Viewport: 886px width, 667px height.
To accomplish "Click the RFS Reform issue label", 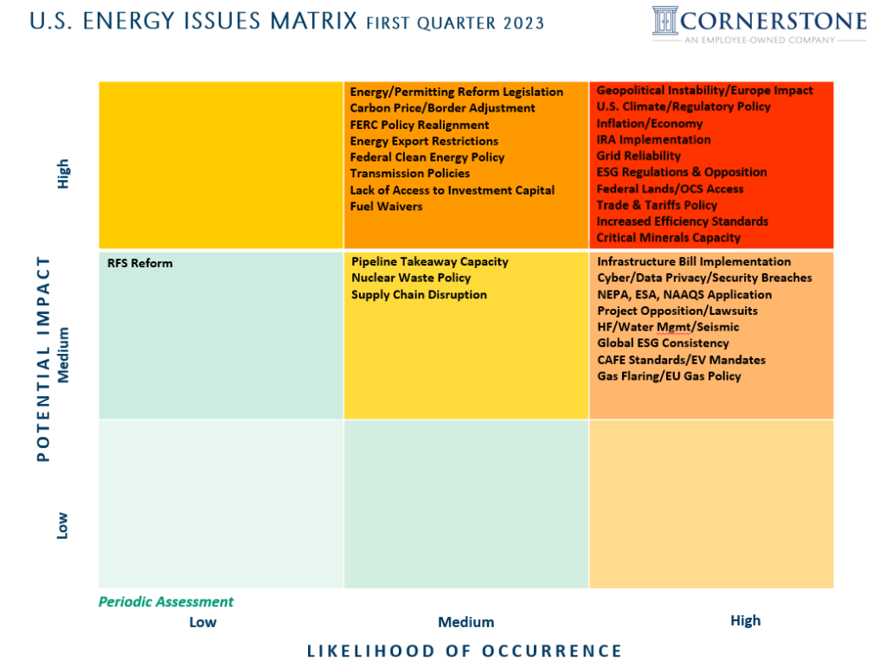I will pos(140,263).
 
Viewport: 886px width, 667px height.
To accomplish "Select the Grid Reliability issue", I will pos(639,156).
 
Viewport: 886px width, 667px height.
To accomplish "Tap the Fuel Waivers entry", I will pos(386,207).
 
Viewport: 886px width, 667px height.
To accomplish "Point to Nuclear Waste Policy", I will pos(411,278).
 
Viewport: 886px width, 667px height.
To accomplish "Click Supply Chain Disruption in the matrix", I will pos(419,294).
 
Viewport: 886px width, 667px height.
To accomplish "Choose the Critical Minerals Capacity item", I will pos(668,237).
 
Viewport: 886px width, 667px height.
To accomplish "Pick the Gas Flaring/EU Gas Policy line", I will pos(669,375).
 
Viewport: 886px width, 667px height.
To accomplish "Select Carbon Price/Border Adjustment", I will pos(442,108).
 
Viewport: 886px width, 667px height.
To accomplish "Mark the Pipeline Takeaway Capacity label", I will pos(430,261).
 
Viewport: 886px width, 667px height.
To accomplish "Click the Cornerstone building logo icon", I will pos(665,21).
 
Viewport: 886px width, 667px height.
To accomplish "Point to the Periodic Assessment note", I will pos(166,601).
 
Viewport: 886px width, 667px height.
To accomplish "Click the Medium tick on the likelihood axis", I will pos(465,622).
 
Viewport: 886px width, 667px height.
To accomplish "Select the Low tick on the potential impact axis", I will pos(62,525).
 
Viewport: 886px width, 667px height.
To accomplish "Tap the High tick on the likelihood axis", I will pos(745,620).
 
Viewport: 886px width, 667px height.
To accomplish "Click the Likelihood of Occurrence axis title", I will pos(465,651).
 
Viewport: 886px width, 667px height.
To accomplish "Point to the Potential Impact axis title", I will pos(44,358).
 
